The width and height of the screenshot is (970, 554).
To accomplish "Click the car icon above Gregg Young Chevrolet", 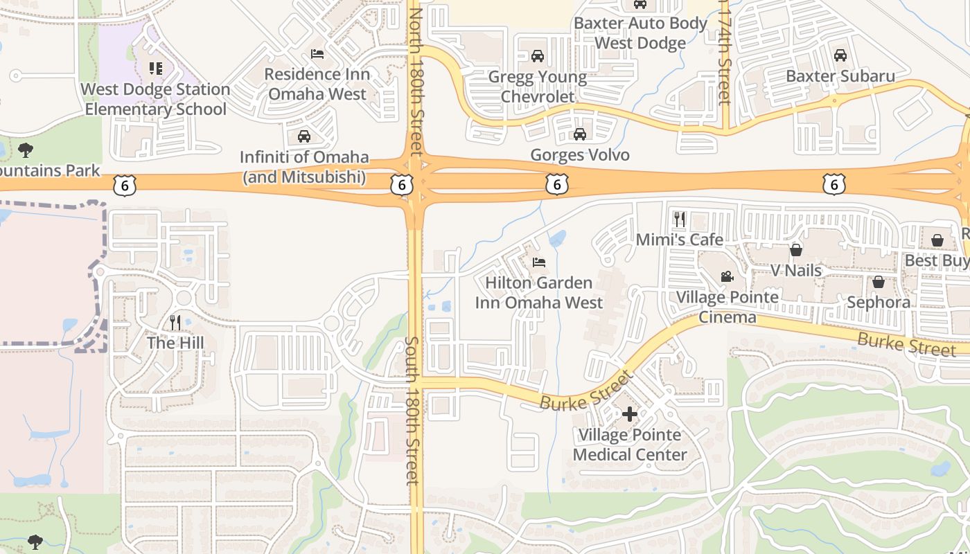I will [537, 56].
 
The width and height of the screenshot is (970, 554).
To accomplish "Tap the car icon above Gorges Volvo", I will [579, 134].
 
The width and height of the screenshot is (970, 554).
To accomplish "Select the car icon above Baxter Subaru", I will [840, 55].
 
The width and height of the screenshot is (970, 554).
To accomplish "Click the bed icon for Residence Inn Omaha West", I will [317, 53].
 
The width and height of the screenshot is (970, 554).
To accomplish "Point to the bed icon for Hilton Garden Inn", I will [538, 262].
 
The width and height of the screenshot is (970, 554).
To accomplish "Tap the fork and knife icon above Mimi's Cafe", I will [679, 220].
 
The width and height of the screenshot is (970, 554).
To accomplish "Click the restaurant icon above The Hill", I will [175, 322].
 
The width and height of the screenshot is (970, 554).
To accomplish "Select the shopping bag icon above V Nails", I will [796, 249].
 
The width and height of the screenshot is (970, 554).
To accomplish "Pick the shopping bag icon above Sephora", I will [878, 282].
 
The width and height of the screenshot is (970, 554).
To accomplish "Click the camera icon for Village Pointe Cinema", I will [727, 277].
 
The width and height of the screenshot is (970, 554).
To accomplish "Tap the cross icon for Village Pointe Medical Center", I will [629, 414].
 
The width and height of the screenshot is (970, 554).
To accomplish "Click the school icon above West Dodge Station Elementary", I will [156, 69].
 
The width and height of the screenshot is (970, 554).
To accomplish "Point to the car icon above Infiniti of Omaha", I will [303, 136].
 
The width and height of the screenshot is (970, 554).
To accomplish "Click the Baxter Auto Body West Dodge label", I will [640, 33].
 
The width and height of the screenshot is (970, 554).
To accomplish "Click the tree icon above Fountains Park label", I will [26, 150].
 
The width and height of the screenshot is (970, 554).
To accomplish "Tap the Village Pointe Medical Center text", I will [630, 445].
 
